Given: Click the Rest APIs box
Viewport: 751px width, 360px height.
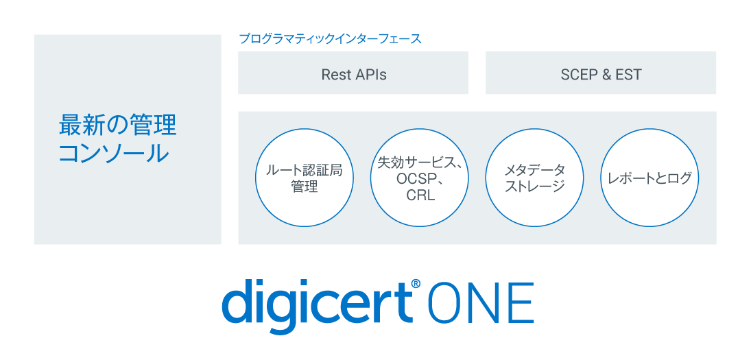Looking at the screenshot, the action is click(353, 73).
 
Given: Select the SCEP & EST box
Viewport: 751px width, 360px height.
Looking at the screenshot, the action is click(601, 73).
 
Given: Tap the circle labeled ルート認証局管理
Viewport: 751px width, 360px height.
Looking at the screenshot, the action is click(304, 178).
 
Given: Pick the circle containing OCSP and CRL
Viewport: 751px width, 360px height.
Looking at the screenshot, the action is click(420, 178).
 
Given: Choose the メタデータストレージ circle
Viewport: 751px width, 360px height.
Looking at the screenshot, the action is click(534, 178).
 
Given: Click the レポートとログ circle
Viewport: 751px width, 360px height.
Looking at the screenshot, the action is click(650, 178).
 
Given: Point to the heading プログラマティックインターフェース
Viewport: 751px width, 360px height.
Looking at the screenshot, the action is click(331, 39).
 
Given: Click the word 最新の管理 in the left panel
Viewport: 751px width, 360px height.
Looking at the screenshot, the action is click(117, 125).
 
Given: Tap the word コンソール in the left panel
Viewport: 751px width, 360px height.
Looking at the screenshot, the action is click(114, 154).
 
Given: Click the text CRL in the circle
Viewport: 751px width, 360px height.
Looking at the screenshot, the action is click(420, 196).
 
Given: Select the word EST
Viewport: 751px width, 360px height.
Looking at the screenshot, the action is click(628, 75).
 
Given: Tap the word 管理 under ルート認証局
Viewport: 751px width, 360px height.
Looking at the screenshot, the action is click(305, 187).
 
